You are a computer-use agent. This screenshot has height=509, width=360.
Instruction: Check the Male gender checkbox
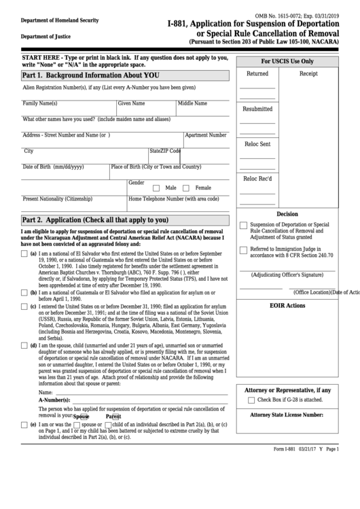156,188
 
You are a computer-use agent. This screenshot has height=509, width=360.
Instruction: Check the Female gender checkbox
187,188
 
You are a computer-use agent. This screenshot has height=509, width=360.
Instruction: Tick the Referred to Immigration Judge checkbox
243,251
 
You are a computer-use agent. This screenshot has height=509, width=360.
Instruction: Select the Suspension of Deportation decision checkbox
243,226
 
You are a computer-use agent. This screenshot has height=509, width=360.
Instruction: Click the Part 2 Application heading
95,220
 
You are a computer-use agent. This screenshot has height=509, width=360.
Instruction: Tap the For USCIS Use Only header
292,61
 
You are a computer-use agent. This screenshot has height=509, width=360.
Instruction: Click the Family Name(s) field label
40,103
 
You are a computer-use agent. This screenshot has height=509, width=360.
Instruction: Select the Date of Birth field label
54,166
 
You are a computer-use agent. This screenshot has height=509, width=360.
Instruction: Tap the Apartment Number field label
206,135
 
